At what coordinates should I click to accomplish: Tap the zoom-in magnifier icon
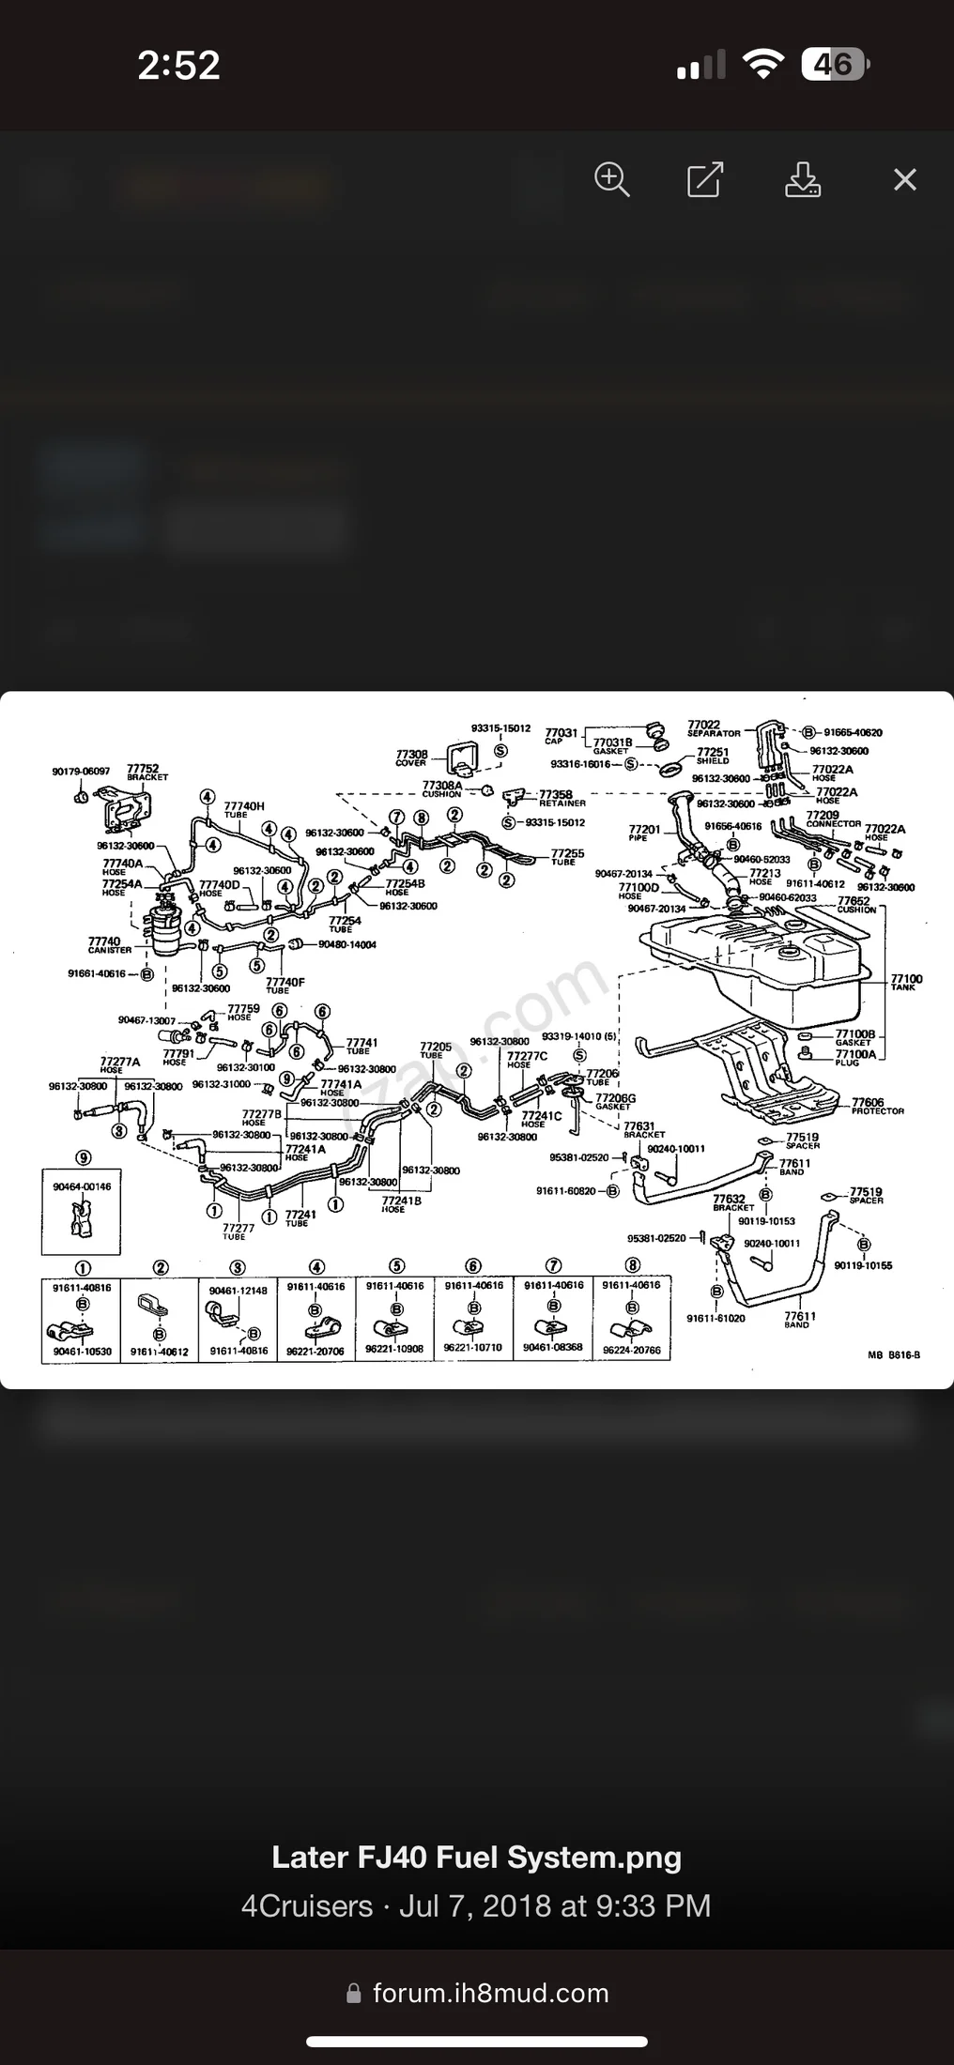(612, 178)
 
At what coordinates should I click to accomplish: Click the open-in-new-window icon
(704, 178)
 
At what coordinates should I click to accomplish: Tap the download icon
(802, 178)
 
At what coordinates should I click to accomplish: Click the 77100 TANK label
(906, 982)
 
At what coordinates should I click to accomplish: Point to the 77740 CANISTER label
(108, 944)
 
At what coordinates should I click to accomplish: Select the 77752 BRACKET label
(146, 772)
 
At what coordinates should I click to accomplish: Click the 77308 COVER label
(411, 757)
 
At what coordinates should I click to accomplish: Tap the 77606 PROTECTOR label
(875, 1106)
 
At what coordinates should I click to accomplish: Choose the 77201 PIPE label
(644, 833)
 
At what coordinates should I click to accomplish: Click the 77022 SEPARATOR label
(712, 727)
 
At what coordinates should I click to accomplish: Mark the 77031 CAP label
(560, 735)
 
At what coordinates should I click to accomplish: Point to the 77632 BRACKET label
(731, 1201)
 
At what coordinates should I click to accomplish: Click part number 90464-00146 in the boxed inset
(82, 1186)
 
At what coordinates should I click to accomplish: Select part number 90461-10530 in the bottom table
(83, 1352)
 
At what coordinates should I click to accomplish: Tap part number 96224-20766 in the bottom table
(632, 1350)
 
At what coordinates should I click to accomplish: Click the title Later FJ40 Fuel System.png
(476, 1857)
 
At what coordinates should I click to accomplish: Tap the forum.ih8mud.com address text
(490, 1993)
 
